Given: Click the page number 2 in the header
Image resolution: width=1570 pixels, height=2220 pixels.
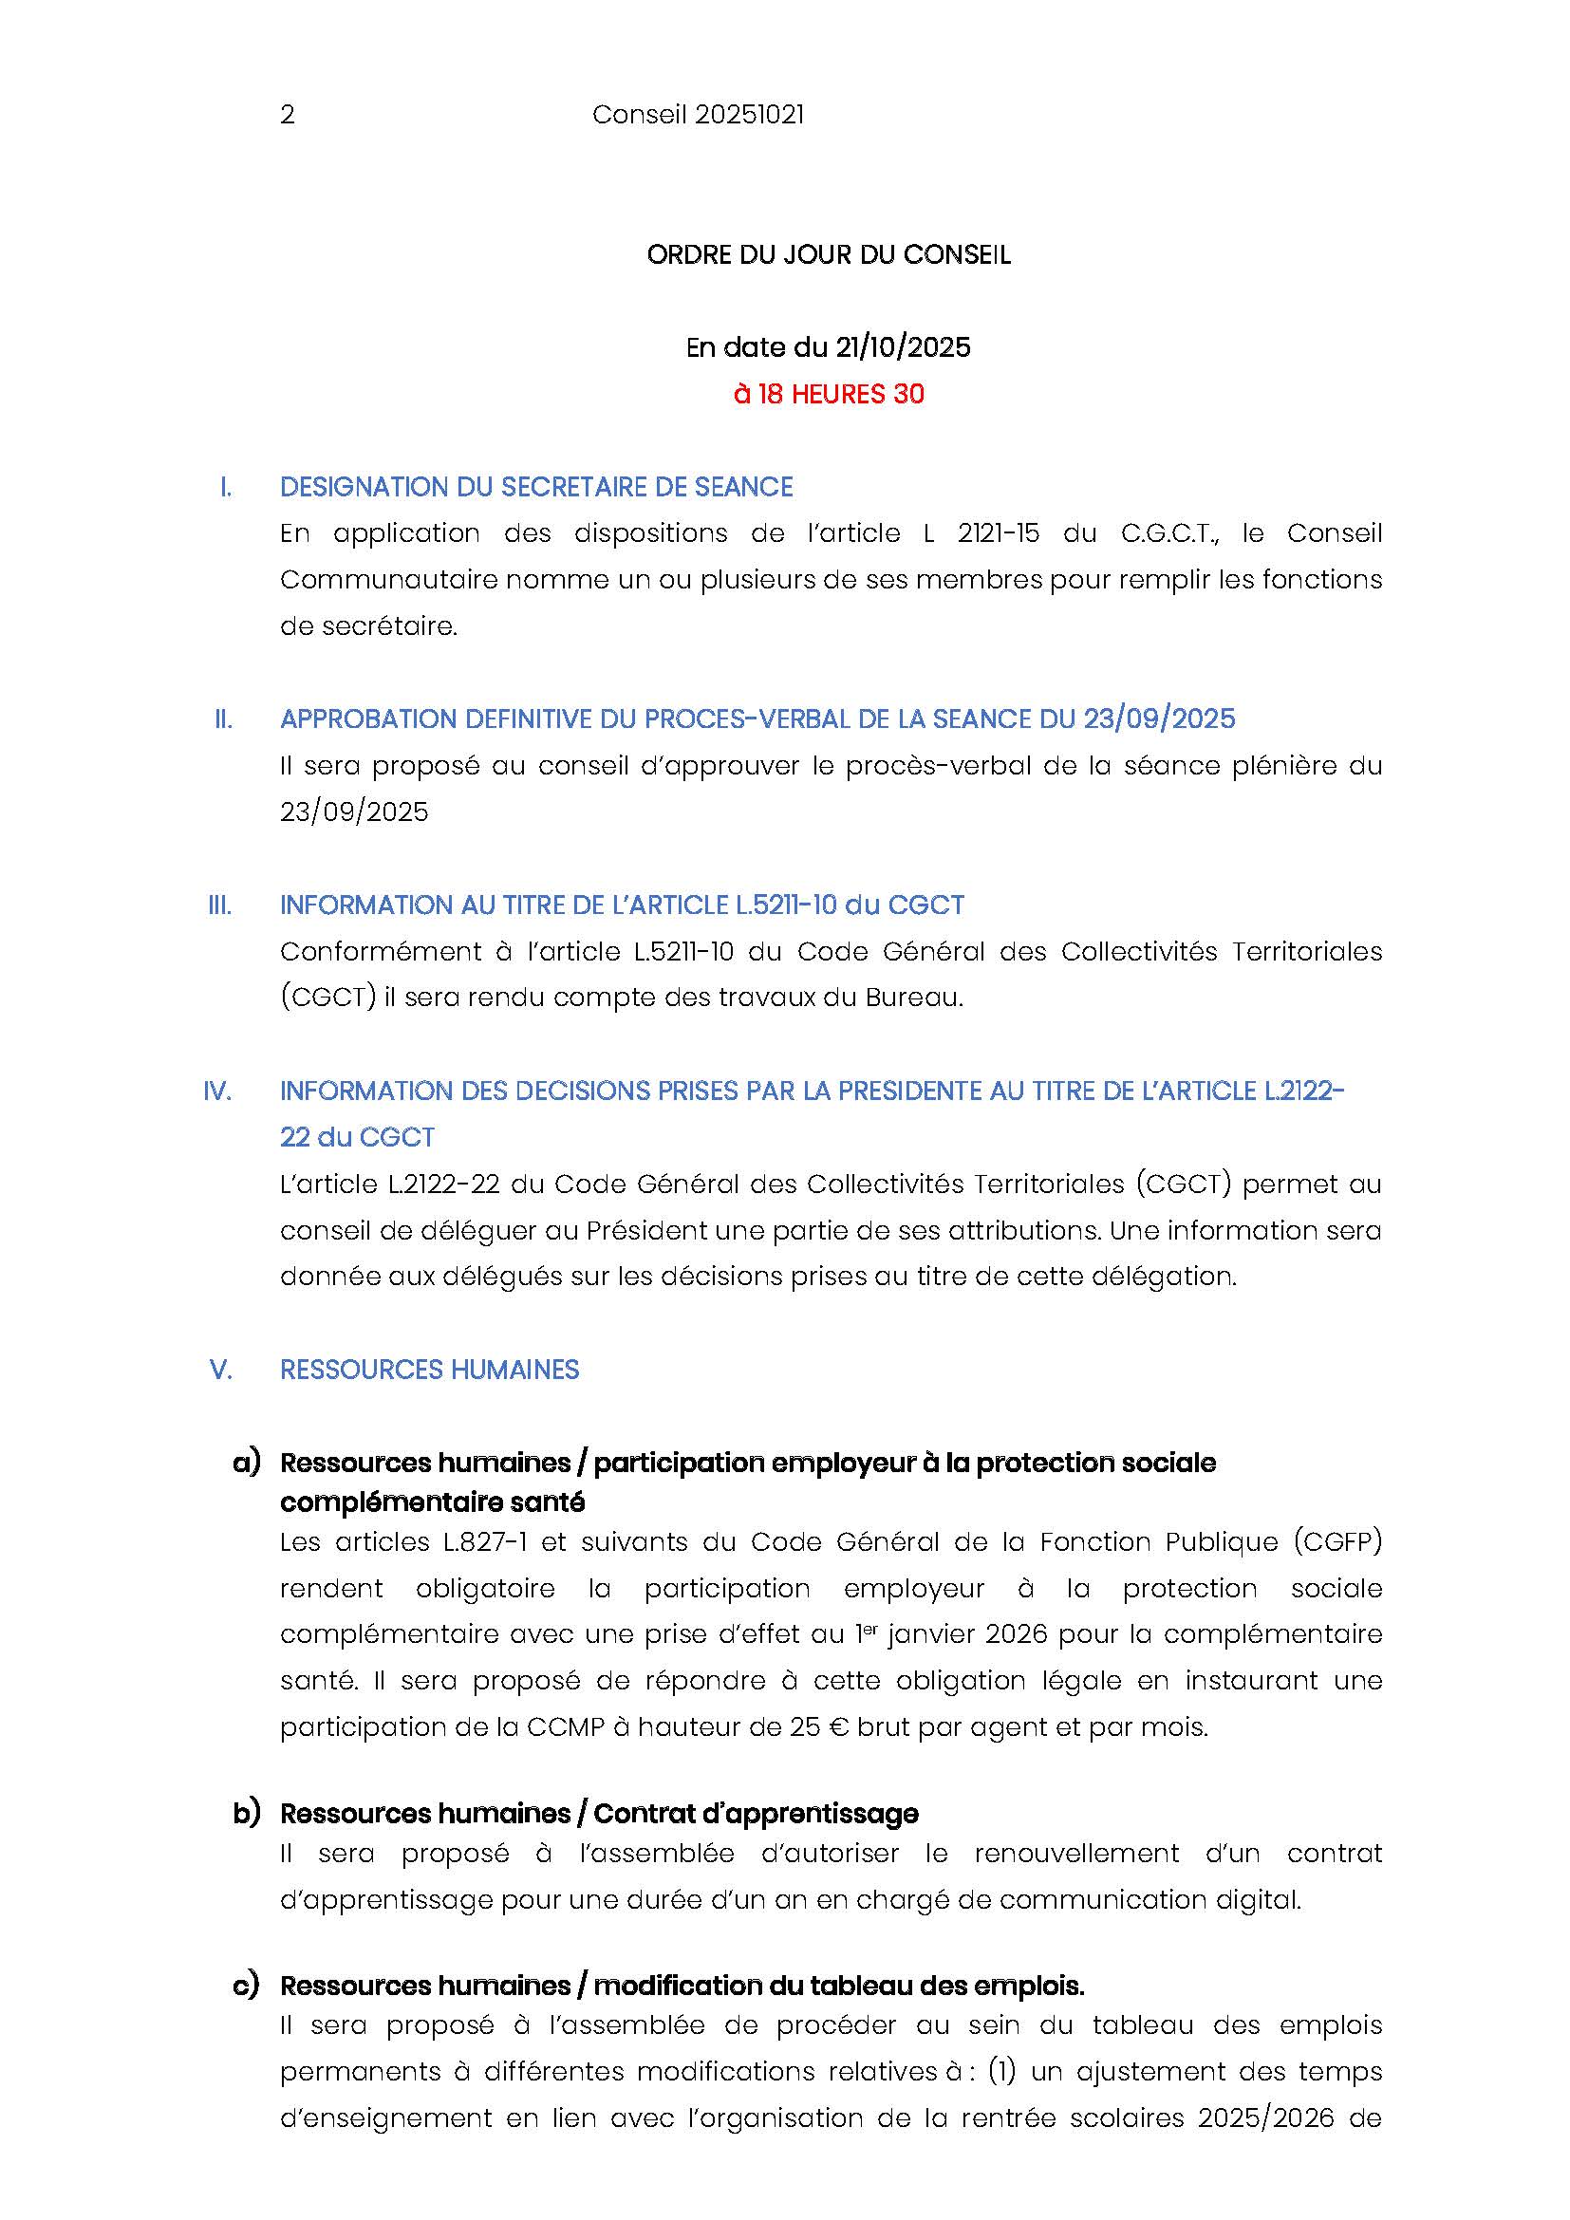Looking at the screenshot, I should [x=287, y=115].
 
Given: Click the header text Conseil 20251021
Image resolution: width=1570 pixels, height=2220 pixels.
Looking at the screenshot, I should [x=697, y=115].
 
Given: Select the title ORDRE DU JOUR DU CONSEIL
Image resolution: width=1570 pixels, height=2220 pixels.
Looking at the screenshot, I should [x=829, y=255].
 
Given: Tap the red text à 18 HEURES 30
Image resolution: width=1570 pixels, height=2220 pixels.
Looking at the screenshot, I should [x=829, y=394].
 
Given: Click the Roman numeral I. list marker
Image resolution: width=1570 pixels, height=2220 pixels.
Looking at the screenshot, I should [x=225, y=487].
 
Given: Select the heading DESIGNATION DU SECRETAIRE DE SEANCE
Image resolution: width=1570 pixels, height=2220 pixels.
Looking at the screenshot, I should [x=535, y=487].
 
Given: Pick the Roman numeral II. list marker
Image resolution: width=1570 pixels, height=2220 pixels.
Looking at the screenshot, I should [x=223, y=719].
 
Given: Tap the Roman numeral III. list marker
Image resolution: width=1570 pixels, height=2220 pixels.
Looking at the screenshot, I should [x=220, y=906].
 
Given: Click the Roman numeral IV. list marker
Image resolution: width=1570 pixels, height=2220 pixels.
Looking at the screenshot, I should [x=217, y=1091].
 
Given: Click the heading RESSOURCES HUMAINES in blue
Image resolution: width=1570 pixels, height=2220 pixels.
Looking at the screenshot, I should [x=429, y=1371].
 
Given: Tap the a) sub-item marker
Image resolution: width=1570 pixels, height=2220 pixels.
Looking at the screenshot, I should [x=247, y=1463].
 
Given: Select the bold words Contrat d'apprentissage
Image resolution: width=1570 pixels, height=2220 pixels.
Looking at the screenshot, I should [x=755, y=1814].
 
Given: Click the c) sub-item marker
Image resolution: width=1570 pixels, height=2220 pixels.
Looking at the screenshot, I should [x=247, y=1985].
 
